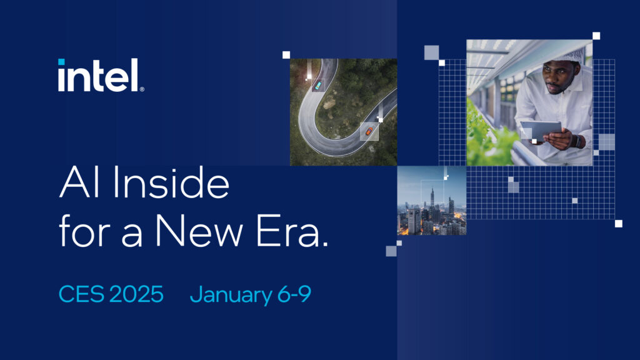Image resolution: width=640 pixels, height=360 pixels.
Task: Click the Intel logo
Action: [x=100, y=76]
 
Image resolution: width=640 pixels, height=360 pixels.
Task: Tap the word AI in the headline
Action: [x=76, y=185]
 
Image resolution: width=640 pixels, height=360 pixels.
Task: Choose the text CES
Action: [x=81, y=294]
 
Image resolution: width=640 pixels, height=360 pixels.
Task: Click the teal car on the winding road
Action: [x=317, y=85]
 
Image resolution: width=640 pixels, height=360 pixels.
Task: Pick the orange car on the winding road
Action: [x=369, y=131]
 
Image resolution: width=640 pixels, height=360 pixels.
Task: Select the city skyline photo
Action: [x=432, y=200]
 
